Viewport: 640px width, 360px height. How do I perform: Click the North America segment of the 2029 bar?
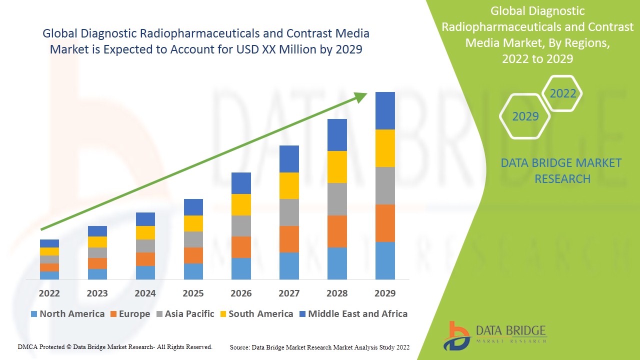(385, 260)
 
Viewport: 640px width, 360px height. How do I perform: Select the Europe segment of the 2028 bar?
(337, 231)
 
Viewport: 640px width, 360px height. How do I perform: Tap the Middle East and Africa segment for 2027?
(289, 159)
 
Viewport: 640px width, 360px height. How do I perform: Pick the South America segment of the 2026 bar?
(241, 204)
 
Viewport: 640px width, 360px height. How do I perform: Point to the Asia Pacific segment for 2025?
(193, 239)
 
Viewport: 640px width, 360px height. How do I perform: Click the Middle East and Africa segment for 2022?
(49, 243)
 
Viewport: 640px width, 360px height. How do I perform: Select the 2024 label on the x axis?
(145, 293)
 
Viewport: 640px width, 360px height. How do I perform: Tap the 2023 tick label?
(97, 293)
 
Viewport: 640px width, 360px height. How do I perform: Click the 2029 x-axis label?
(385, 293)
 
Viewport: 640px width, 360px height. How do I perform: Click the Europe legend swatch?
(114, 314)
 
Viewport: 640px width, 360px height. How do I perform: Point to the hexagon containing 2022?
(562, 93)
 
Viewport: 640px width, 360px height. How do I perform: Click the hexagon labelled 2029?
(525, 116)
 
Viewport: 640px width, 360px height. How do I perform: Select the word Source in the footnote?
(240, 347)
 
